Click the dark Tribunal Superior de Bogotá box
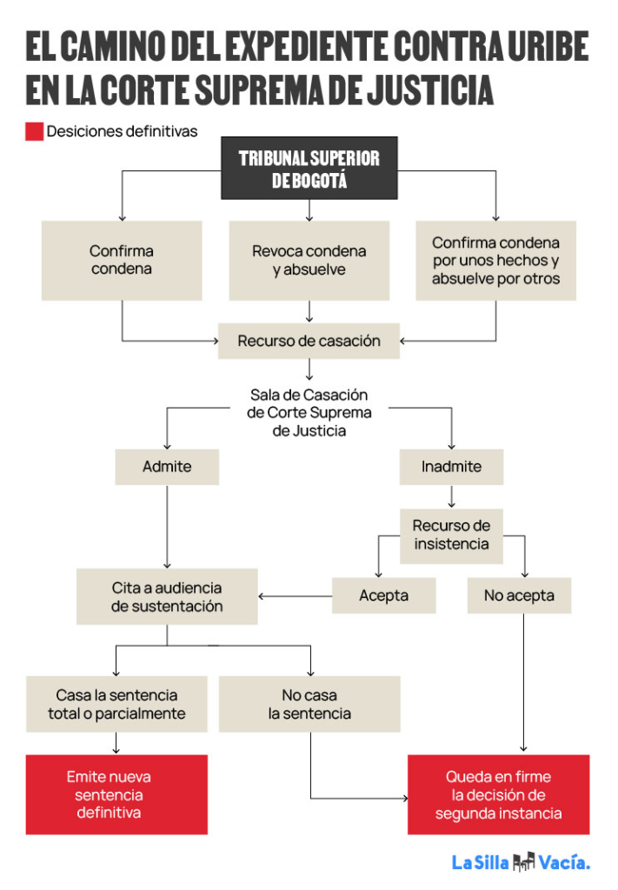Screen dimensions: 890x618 (x=309, y=168)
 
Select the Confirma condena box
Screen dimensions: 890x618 (x=121, y=260)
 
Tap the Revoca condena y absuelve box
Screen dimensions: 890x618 (x=309, y=260)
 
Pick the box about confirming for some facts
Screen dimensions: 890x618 (x=495, y=260)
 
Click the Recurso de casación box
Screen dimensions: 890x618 (x=309, y=341)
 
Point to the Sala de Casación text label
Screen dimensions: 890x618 (x=309, y=412)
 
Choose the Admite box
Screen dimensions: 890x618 (x=167, y=467)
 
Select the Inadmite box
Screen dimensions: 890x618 (x=451, y=467)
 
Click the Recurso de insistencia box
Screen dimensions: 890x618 (x=451, y=535)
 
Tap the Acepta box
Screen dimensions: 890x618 (x=383, y=596)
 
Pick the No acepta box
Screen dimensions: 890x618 (x=519, y=596)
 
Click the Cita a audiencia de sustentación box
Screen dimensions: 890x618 (x=167, y=596)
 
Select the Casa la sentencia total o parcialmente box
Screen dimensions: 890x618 (x=116, y=704)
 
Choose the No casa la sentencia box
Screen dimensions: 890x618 (x=309, y=704)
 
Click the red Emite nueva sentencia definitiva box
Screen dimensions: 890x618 (x=116, y=794)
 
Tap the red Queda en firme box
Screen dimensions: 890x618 (x=498, y=794)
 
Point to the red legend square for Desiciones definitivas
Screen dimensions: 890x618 (x=34, y=132)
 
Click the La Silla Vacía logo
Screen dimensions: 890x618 (x=520, y=863)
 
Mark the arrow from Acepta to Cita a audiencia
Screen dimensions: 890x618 (x=295, y=596)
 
